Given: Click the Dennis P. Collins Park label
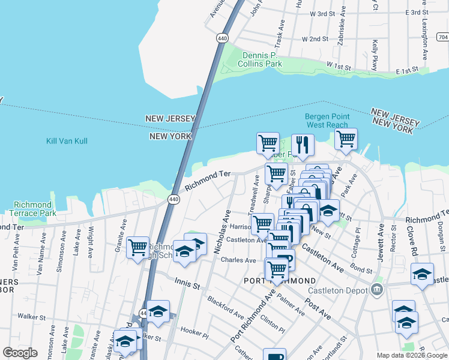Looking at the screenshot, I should click(x=260, y=59).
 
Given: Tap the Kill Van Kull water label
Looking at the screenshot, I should click(x=67, y=141).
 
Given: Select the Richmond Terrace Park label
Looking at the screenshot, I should click(x=33, y=209).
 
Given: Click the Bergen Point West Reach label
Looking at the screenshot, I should click(x=327, y=121).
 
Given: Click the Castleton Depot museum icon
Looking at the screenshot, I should click(x=376, y=290).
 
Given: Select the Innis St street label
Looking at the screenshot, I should click(x=187, y=283).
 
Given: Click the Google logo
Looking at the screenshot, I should click(x=20, y=353).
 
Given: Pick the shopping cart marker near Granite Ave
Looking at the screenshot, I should click(x=138, y=246).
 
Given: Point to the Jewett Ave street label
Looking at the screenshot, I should click(x=380, y=238).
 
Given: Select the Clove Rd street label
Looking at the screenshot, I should click(x=414, y=233).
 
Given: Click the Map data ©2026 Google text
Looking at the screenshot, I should click(x=411, y=355).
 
